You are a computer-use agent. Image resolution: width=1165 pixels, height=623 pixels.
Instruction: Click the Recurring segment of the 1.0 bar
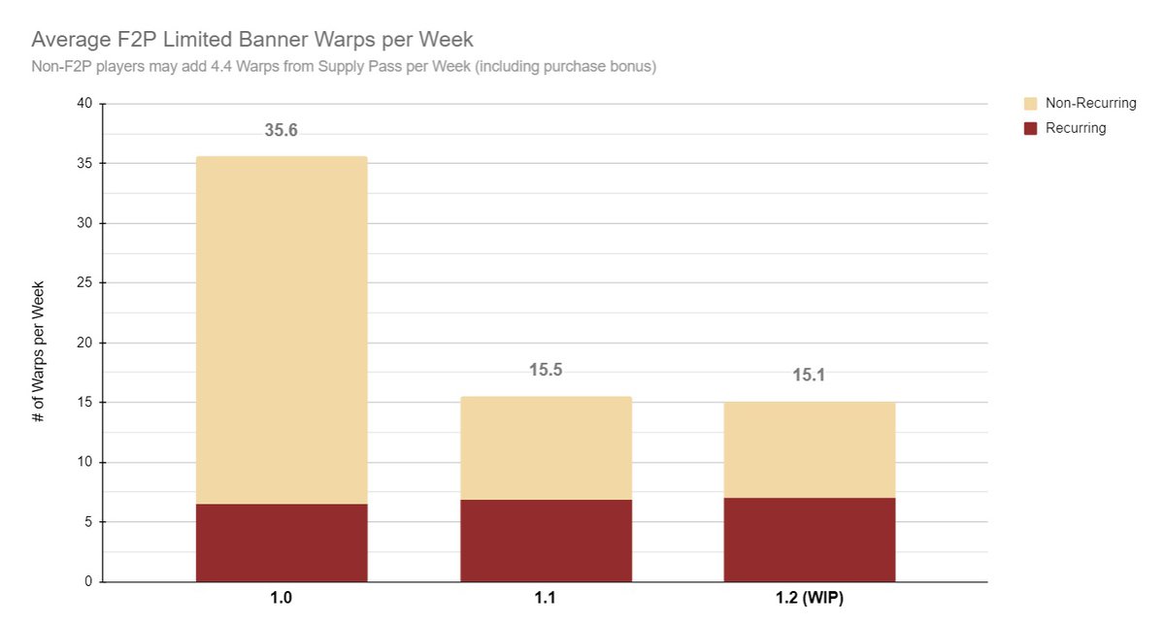282,542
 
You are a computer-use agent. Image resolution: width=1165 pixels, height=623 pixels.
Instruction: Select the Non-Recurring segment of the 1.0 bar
282,330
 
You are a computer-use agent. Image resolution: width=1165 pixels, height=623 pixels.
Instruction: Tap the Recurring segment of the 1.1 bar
546,541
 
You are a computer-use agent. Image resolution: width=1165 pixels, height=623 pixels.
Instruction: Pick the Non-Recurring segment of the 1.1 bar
546,447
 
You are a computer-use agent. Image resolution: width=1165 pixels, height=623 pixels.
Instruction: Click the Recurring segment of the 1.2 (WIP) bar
809,540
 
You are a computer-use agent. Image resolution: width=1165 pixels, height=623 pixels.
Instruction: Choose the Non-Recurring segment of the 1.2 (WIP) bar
809,449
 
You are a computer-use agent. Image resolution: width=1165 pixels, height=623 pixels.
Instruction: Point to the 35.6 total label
282,130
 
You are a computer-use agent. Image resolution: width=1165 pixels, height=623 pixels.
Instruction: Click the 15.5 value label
546,371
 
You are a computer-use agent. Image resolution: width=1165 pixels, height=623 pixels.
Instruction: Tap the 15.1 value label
809,375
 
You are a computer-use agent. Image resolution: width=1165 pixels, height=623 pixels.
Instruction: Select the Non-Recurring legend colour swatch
1031,103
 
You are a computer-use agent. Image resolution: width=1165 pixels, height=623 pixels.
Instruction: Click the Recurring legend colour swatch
1031,128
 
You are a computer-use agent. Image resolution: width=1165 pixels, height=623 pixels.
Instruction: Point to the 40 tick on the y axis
84,104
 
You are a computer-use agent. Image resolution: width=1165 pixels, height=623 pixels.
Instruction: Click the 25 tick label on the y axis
84,283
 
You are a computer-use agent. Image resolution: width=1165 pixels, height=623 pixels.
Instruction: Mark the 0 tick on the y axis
88,582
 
